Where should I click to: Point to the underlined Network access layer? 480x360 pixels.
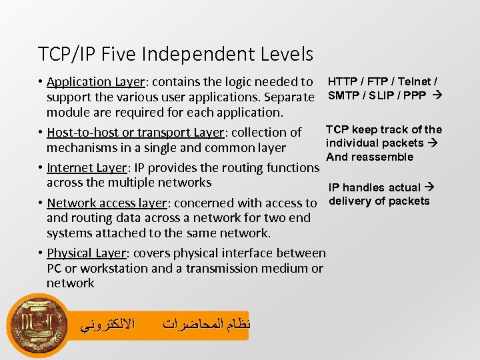[107, 203]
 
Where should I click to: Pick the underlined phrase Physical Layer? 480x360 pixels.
[87, 253]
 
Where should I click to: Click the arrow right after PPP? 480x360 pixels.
[437, 95]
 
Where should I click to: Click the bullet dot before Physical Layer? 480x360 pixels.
[41, 253]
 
